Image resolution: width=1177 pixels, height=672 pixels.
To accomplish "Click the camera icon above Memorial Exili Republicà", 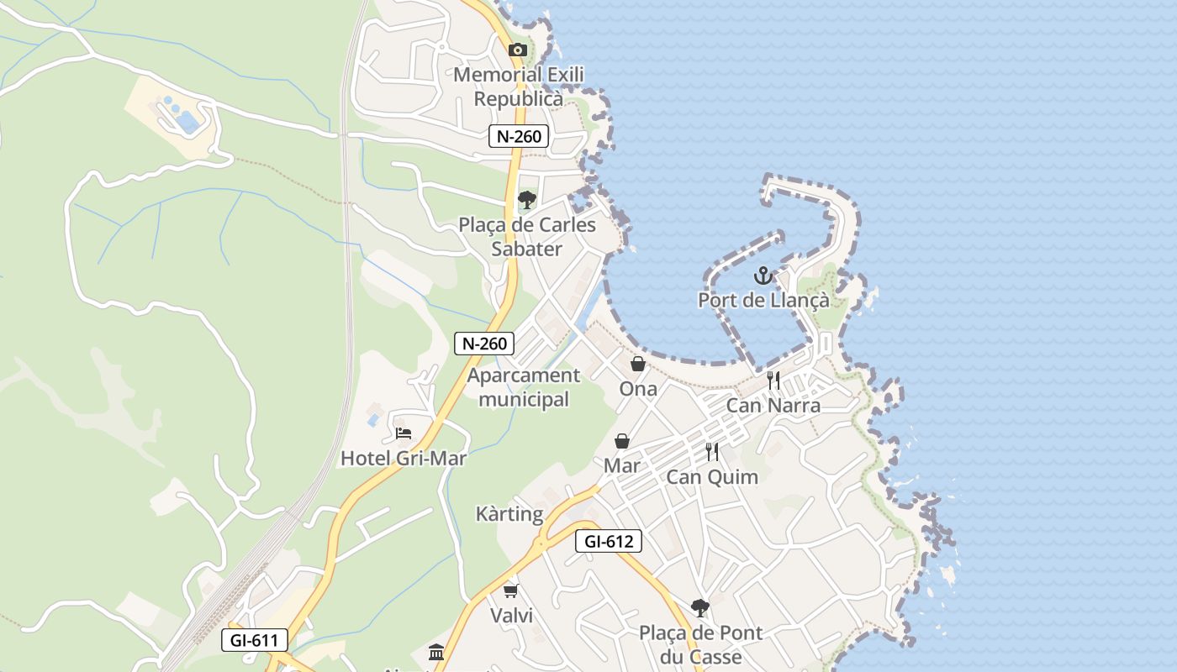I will tap(518, 50).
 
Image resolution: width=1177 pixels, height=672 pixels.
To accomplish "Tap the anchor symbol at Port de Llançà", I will tap(763, 275).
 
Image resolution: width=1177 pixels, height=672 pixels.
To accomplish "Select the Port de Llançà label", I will tap(763, 300).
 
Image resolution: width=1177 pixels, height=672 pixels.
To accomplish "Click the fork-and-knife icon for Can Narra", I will tap(773, 381).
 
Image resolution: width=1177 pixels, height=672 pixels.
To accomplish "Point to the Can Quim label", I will tap(712, 477).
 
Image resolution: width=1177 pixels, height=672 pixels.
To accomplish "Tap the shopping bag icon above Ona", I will tap(638, 364).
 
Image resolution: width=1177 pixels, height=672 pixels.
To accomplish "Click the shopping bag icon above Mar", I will tap(622, 441).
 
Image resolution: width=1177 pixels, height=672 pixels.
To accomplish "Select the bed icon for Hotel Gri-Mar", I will tap(404, 433).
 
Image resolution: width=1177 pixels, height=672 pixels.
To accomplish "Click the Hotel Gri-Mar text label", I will tap(404, 459).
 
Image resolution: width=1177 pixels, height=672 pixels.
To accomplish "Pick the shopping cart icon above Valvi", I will tap(511, 591).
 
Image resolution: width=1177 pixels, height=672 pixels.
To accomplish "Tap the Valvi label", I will tap(511, 616).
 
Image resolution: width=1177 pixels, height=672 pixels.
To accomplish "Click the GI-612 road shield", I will tap(609, 541).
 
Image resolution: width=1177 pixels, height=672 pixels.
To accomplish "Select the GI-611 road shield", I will tap(254, 640).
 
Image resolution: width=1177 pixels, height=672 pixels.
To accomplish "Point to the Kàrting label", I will tap(509, 514).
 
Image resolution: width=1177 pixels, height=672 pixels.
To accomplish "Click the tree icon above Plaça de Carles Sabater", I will tap(527, 200).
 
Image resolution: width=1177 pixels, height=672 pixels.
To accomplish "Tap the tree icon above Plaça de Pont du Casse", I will tap(699, 607).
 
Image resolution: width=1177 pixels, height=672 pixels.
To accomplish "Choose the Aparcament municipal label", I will tap(524, 387).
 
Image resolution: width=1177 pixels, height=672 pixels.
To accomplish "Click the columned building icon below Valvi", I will tap(436, 653).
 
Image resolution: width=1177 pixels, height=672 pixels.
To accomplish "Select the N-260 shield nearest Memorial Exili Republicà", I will tap(519, 136).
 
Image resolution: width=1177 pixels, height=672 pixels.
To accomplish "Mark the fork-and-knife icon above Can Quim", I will tap(712, 452).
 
